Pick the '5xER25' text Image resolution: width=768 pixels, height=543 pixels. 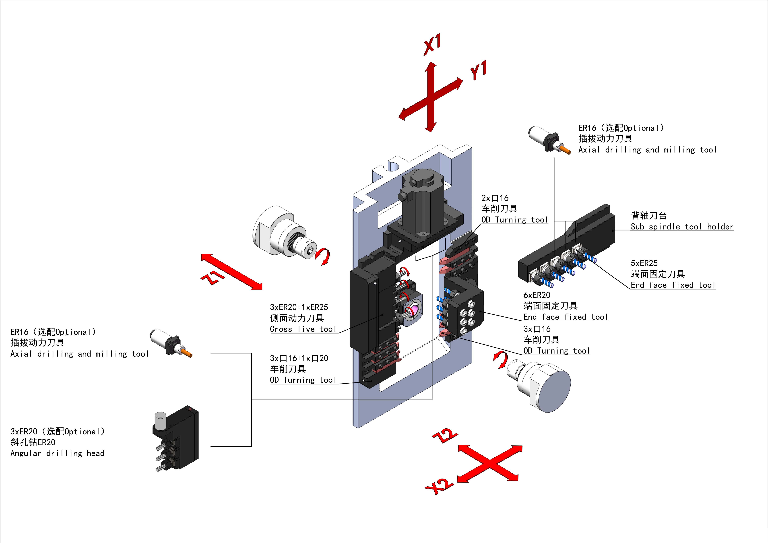click(x=644, y=263)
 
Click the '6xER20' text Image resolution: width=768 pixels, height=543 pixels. click(x=537, y=295)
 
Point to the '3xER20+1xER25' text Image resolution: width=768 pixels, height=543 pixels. click(x=299, y=307)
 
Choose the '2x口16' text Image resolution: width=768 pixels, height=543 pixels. click(x=495, y=198)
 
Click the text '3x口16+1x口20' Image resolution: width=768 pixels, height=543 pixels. click(x=299, y=358)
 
